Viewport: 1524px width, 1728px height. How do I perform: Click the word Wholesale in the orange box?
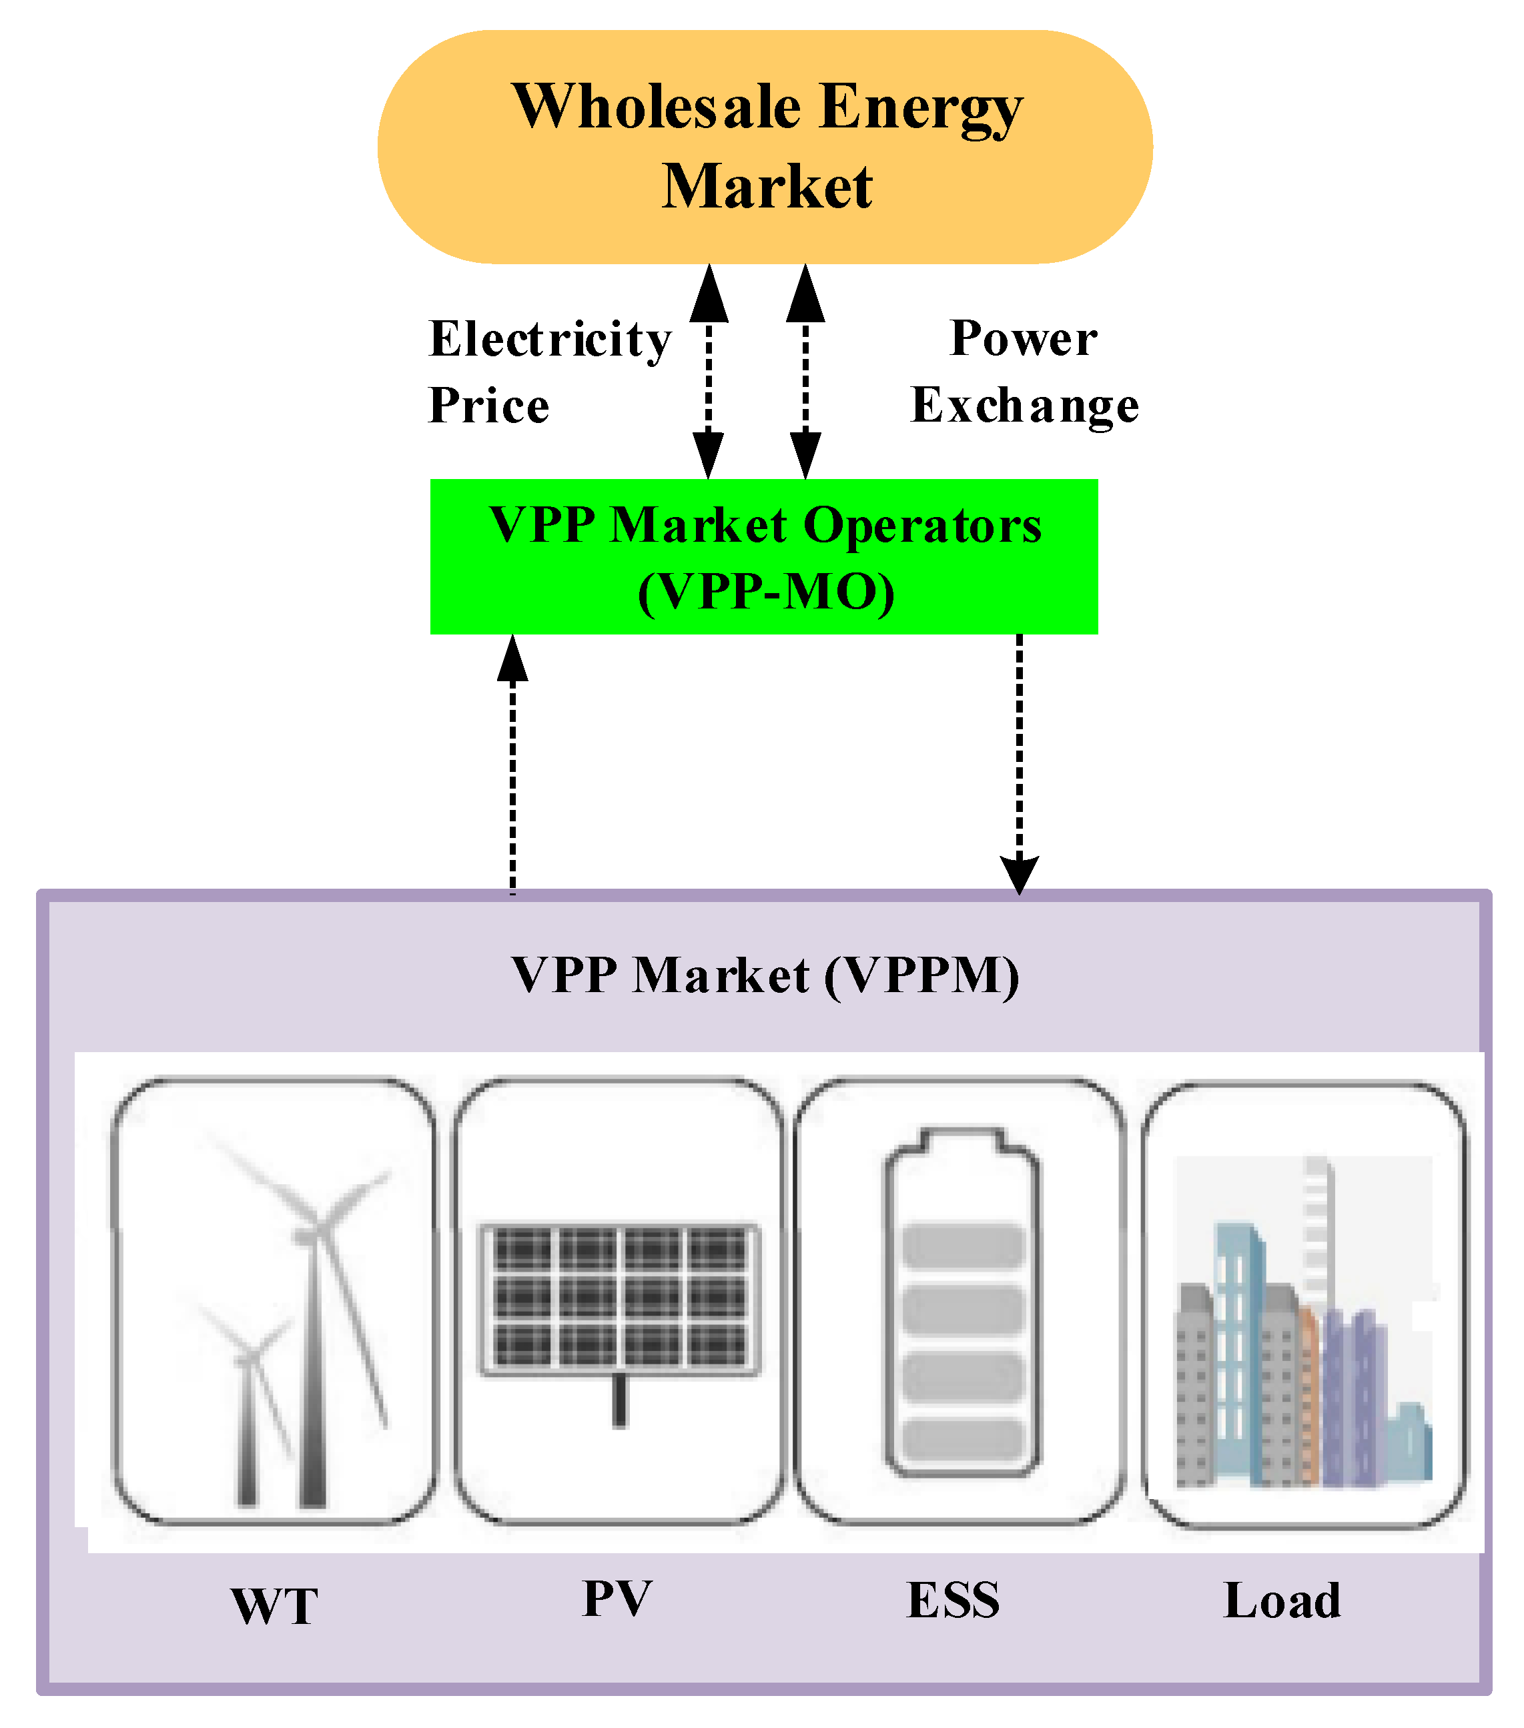click(x=656, y=108)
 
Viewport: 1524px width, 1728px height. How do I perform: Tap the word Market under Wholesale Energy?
click(x=766, y=187)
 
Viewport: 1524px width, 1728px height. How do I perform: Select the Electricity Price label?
click(x=548, y=371)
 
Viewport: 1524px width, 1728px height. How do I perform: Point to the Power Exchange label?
click(x=1024, y=371)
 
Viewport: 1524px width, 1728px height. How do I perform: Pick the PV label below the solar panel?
click(x=617, y=1599)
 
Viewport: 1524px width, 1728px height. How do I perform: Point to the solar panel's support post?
click(x=620, y=1399)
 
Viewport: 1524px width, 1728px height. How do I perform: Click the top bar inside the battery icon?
click(x=963, y=1245)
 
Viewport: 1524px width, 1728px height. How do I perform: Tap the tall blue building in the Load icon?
click(x=1238, y=1352)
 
